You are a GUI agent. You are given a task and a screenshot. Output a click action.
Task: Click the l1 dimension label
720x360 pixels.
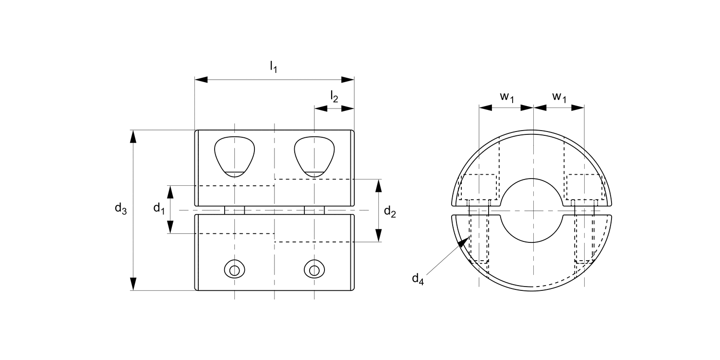click(x=273, y=67)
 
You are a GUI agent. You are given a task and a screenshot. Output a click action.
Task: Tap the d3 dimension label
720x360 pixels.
click(x=120, y=209)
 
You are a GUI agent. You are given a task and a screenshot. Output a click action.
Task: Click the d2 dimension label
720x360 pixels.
click(x=390, y=212)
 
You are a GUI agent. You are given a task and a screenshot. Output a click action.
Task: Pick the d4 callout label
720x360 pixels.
click(x=418, y=279)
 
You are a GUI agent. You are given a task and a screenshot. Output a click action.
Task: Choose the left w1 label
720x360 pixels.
click(x=507, y=96)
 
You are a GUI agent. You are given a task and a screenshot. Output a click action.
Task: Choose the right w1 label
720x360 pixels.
click(x=559, y=96)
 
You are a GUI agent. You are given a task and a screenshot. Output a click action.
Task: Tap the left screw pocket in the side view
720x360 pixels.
click(x=234, y=156)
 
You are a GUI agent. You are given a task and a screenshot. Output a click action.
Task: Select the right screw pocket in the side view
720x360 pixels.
click(x=314, y=156)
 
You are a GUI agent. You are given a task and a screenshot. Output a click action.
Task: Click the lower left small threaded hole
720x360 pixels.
click(x=234, y=270)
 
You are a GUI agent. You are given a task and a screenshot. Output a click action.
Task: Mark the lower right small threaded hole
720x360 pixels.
click(x=314, y=270)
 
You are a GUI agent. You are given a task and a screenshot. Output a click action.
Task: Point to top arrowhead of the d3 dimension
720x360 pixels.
click(x=133, y=136)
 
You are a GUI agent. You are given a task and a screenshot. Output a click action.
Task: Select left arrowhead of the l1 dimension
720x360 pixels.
click(x=201, y=79)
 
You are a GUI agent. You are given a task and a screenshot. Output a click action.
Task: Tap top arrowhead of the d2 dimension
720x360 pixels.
click(x=379, y=185)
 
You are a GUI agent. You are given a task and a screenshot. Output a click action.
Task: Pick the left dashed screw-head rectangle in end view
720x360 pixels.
click(x=478, y=187)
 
